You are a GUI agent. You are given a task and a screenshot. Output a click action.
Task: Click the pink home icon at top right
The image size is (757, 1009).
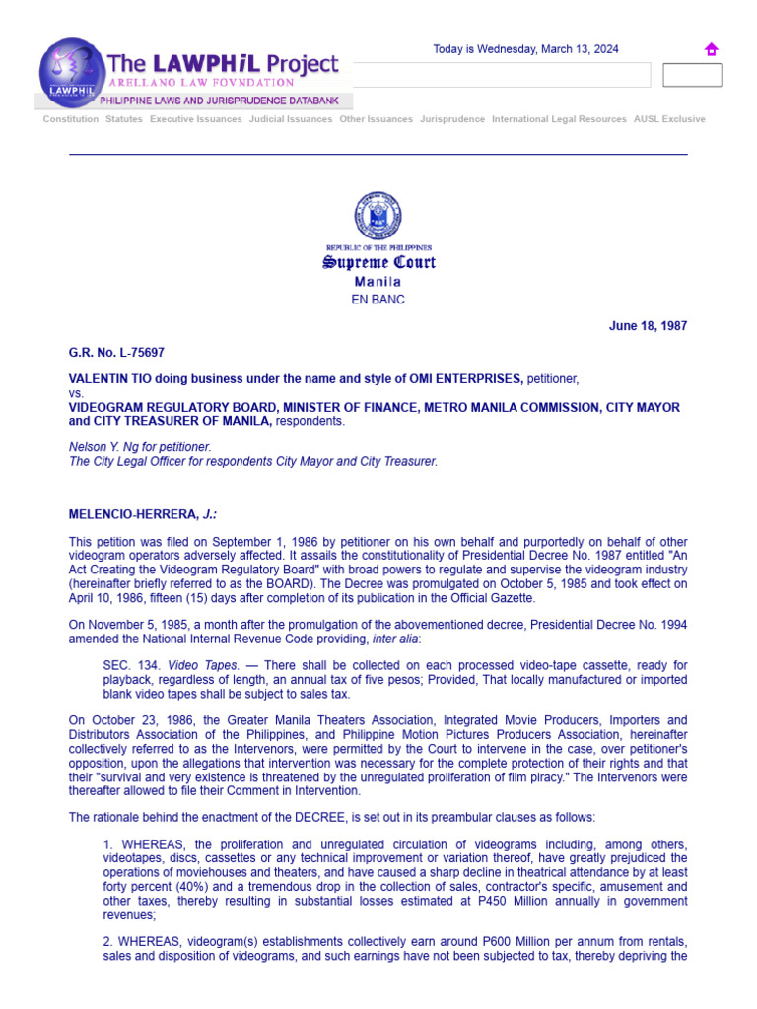711,50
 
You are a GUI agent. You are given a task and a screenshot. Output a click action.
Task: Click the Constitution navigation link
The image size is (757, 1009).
71,119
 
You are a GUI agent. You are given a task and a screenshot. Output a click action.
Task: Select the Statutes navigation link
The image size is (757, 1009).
124,119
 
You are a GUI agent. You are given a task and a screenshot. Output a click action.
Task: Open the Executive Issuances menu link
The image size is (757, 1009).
195,119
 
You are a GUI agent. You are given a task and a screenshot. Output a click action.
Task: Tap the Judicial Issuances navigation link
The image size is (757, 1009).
291,119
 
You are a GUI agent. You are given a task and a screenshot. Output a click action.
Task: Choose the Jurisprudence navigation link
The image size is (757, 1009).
452,119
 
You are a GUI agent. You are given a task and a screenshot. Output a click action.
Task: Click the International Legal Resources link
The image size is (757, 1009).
559,119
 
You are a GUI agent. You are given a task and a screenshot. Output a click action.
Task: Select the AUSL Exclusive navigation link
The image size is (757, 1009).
669,119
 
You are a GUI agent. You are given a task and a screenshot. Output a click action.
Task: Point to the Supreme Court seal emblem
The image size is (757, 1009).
378,217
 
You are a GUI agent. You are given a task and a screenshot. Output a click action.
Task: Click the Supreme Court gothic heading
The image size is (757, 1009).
378,263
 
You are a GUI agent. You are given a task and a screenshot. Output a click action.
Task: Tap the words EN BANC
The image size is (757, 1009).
378,300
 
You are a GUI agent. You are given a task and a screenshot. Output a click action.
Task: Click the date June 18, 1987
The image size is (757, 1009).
648,326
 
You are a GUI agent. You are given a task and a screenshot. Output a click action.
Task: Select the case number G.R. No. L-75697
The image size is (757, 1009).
109,353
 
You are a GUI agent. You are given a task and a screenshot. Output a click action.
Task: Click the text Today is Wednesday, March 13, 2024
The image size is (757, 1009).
526,50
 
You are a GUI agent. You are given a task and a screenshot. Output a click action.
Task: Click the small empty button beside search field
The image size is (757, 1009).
692,75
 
